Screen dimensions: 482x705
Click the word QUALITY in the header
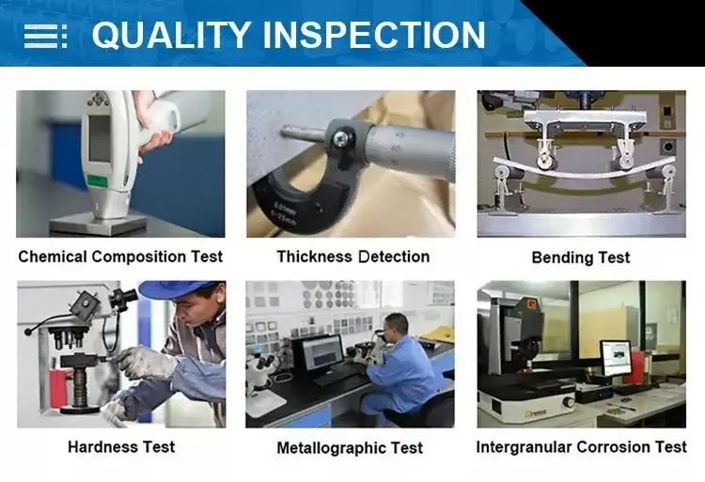click(x=169, y=35)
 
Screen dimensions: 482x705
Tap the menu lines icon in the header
click(x=44, y=36)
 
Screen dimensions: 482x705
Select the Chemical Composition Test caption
click(x=120, y=257)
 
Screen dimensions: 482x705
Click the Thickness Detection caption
click(x=352, y=257)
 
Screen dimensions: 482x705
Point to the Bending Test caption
click(x=580, y=257)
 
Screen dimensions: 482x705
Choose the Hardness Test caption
click(x=121, y=447)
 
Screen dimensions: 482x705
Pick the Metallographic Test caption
click(x=350, y=448)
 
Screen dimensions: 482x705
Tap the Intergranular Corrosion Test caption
click(x=581, y=447)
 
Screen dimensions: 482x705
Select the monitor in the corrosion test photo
click(x=616, y=356)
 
